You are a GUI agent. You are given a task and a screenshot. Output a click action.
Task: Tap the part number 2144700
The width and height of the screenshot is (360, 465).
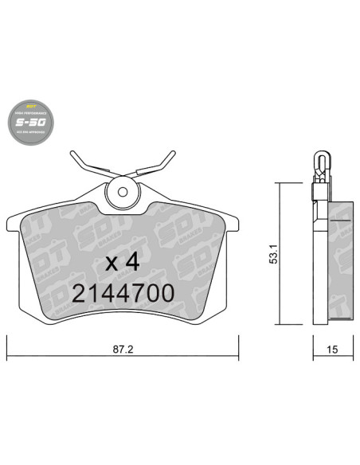pyautogui.click(x=123, y=293)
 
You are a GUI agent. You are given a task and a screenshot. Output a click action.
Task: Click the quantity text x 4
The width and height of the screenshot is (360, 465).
pyautogui.click(x=123, y=261)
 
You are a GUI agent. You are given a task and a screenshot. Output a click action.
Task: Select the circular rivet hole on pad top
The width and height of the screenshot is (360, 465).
pyautogui.click(x=123, y=192)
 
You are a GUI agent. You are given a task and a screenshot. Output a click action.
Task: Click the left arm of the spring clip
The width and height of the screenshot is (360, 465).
pyautogui.click(x=88, y=164)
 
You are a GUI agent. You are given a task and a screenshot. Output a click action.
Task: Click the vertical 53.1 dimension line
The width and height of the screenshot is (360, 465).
pyautogui.click(x=278, y=253)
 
